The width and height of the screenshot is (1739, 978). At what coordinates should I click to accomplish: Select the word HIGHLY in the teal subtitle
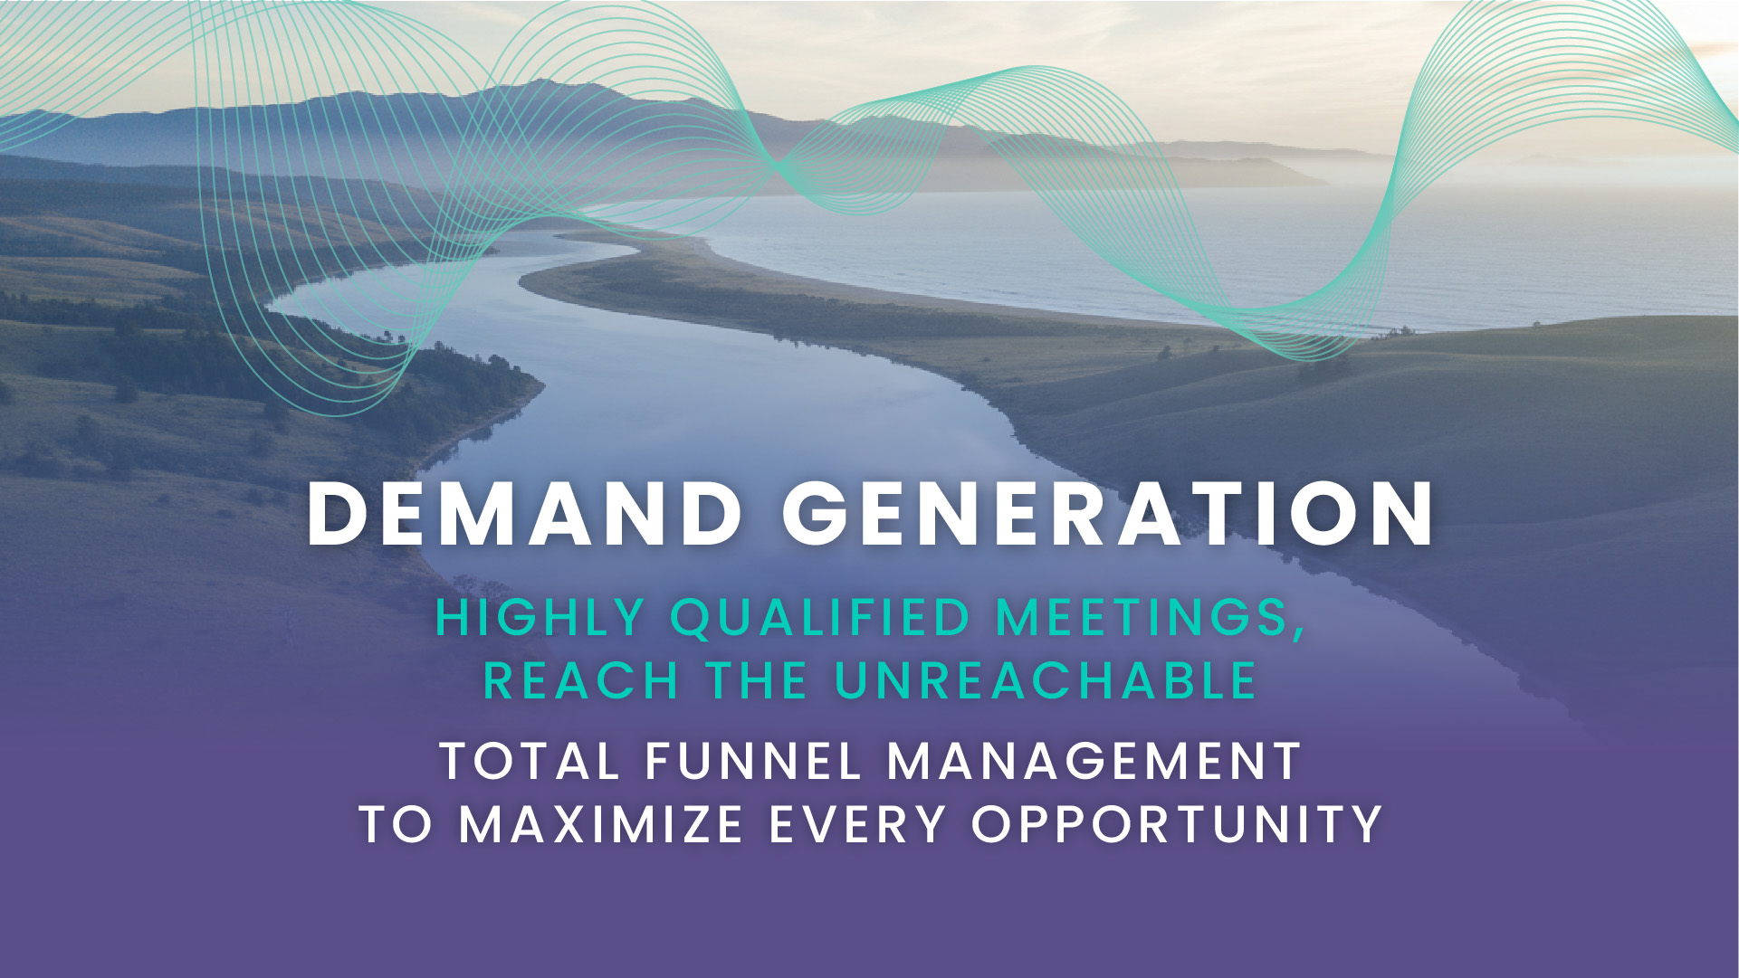pos(540,618)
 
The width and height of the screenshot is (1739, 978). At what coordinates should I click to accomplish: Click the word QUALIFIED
pos(821,619)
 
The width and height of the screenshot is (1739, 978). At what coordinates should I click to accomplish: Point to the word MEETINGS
pos(1142,618)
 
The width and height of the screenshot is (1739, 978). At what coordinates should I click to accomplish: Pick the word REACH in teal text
pos(580,680)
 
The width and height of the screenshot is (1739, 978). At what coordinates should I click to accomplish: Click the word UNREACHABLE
pos(1046,680)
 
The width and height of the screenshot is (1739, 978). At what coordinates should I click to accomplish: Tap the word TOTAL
pos(530,761)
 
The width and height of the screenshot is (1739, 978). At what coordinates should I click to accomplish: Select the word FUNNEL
pos(753,761)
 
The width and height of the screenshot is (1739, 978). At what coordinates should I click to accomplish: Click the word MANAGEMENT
pos(1094,761)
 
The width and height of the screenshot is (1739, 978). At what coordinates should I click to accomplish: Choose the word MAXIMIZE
pos(601,824)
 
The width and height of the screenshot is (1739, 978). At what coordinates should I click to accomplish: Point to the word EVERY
pos(857,824)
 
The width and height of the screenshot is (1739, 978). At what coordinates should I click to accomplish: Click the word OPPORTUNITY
pos(1176,824)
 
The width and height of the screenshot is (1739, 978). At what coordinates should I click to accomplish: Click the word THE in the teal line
pos(756,680)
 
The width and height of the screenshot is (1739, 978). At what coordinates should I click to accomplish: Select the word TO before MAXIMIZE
pos(396,824)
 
